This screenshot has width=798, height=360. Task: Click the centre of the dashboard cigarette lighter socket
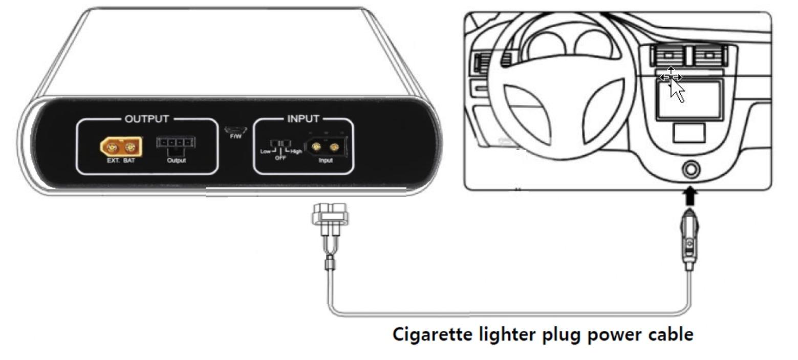[x=691, y=170]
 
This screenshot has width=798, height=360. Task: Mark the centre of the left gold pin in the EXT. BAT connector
[x=112, y=147]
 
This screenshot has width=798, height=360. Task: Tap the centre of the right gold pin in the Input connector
[x=334, y=146]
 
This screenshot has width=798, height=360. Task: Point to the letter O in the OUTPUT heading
[x=129, y=119]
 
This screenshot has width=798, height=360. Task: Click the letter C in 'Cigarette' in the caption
[x=399, y=334]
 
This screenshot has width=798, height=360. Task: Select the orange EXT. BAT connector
[x=121, y=146]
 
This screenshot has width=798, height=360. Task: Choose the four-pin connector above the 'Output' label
[x=176, y=142]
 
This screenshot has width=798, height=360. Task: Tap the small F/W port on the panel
[x=235, y=130]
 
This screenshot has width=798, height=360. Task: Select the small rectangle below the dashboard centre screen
[x=688, y=133]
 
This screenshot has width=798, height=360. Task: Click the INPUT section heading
[x=303, y=119]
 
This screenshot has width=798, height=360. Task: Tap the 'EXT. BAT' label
[x=121, y=160]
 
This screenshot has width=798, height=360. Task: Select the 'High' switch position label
[x=296, y=152]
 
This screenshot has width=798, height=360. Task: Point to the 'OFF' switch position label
[x=281, y=158]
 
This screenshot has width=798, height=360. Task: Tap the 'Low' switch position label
[x=266, y=152]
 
